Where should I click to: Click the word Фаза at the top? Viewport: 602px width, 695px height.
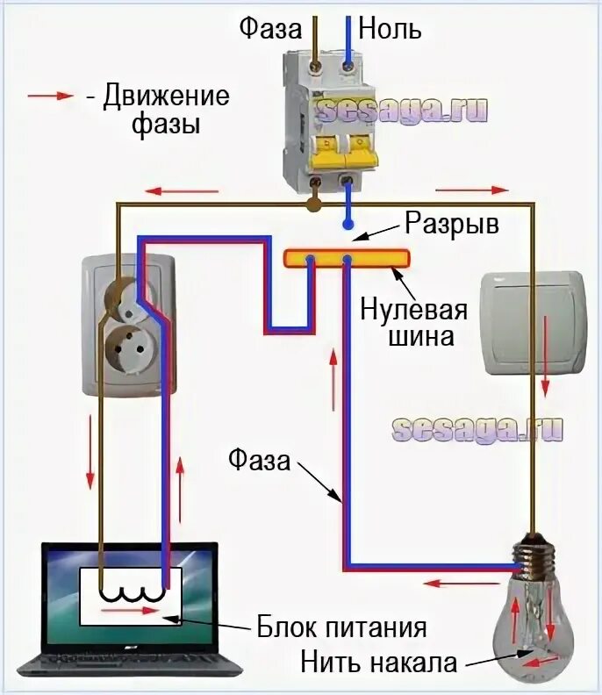[x=271, y=28]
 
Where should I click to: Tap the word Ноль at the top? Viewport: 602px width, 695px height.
[x=387, y=28]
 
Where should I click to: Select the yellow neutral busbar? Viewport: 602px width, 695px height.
[x=347, y=258]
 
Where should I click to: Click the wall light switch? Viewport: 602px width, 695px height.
[x=534, y=323]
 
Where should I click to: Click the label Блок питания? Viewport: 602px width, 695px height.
[x=341, y=627]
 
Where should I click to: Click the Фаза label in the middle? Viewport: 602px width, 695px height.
[x=259, y=459]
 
